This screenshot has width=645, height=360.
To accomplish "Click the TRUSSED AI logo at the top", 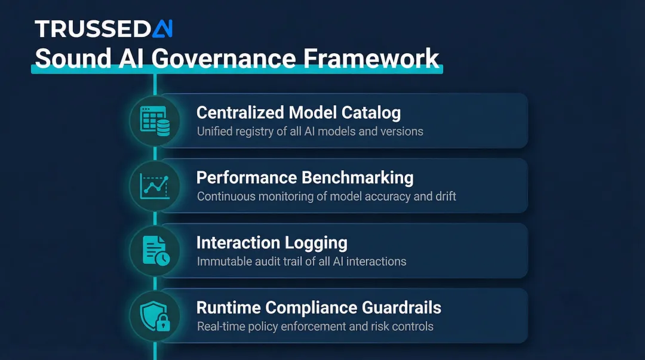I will click(103, 28).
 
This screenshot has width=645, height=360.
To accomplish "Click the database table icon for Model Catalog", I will click(155, 120).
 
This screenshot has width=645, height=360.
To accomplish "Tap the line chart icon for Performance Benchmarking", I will click(155, 186).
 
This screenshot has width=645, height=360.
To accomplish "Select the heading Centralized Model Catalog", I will click(299, 112).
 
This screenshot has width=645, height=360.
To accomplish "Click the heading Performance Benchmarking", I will click(305, 177).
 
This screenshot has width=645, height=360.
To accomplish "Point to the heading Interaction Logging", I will click(272, 243).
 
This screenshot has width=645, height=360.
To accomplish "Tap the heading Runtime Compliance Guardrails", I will click(319, 308).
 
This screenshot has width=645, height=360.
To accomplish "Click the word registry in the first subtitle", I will click(253, 131).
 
